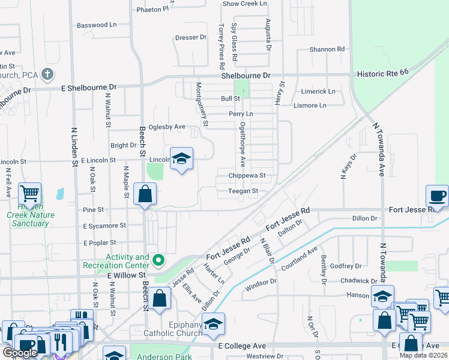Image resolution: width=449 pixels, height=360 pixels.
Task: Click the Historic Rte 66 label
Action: pos(391,71)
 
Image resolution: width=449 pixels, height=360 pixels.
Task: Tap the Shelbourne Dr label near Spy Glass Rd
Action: pos(246,76)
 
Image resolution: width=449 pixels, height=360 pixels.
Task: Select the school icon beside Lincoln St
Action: pos(181,159)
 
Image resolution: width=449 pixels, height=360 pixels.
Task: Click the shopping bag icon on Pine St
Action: pos(145,194)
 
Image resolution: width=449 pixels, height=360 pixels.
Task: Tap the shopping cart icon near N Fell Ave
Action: pos(29,194)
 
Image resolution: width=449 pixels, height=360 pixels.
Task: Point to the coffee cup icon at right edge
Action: pos(438,196)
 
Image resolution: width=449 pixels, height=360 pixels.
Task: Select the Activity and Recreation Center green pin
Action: pos(158,260)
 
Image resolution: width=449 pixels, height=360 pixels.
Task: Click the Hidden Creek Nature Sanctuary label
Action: pos(31,219)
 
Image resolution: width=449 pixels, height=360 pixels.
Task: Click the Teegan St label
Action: pos(243,191)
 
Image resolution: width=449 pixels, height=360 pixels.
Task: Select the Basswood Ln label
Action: pos(97,25)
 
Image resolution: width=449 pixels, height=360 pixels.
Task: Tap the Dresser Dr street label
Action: pos(191,37)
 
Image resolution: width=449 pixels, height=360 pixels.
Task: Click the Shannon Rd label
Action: pos(327,49)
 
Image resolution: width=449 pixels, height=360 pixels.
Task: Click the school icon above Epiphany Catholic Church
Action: pos(213,325)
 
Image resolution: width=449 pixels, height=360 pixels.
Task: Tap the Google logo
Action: pos(20,352)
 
